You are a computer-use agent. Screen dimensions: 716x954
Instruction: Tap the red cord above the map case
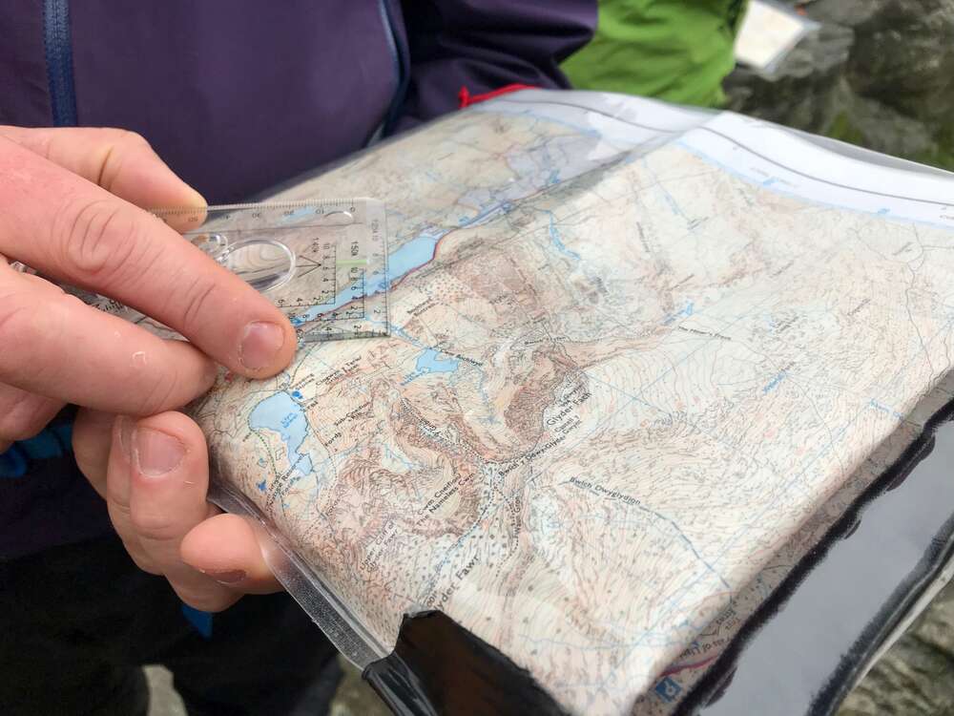(491, 94)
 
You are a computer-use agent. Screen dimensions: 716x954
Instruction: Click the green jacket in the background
(658, 48)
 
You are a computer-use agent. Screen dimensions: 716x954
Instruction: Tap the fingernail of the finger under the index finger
(158, 452)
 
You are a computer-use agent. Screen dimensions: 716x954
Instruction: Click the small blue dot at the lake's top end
(298, 393)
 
